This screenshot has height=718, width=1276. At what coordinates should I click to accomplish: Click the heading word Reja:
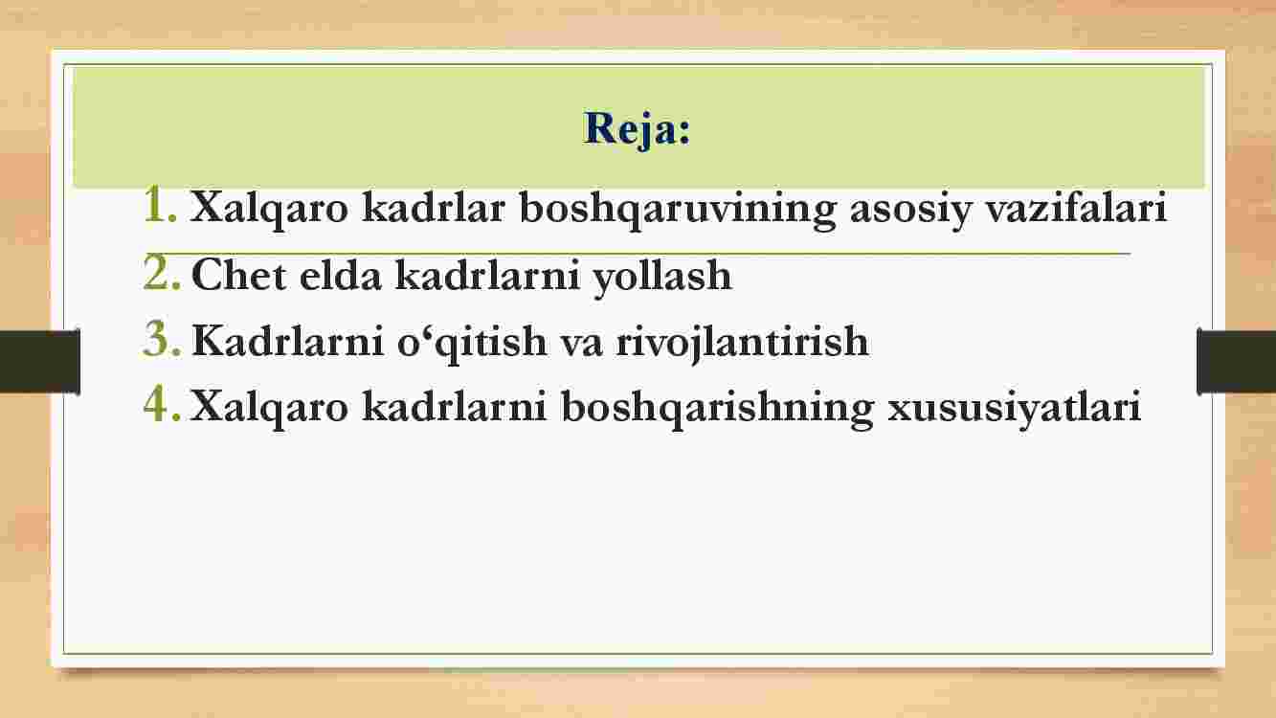coord(637,130)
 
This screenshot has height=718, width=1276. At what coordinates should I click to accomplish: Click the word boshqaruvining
coord(678,209)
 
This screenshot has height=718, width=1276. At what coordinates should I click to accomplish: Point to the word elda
coord(340,275)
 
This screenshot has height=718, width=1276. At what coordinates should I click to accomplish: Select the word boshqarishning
coord(717,409)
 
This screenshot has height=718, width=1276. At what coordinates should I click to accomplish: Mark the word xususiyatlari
coord(1014,409)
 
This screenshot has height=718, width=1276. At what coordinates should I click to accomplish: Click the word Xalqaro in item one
coord(269,209)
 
